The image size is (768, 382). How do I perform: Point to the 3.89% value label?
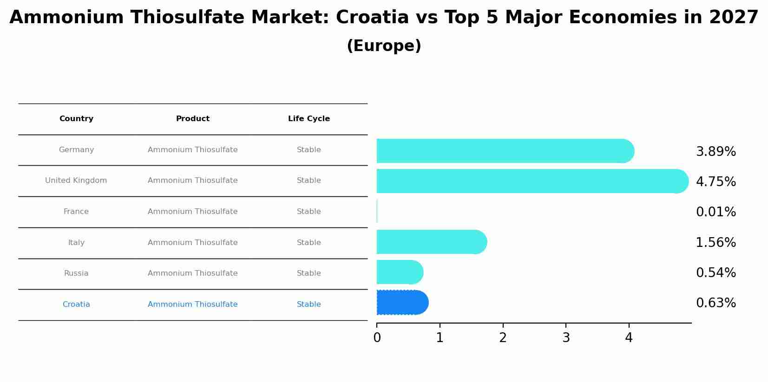coord(715,152)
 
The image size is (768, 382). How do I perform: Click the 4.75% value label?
coord(715,182)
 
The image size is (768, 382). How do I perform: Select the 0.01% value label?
coord(715,212)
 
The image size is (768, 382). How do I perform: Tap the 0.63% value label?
coord(715,303)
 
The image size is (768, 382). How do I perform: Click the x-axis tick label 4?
coord(629,338)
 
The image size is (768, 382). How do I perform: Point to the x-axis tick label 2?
coord(503,338)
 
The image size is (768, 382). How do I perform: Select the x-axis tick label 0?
coord(377,338)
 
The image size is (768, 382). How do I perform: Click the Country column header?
coord(76,119)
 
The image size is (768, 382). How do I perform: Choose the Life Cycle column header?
coord(309,119)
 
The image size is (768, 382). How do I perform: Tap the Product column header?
coord(193,119)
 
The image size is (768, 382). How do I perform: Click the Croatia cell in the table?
coord(76,304)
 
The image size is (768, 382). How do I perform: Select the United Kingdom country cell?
coord(76,181)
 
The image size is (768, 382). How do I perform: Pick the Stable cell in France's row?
coord(309,212)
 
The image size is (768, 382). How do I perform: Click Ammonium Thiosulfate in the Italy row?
coord(193,243)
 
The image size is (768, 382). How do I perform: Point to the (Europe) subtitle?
coord(384,46)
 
